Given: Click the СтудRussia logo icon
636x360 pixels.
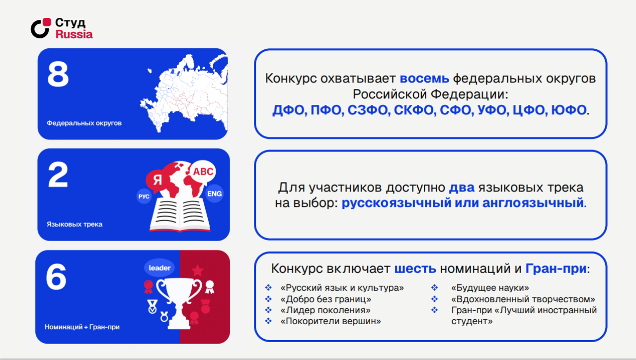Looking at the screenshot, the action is click(x=41, y=28).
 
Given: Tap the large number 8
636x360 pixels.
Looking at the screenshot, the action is click(x=58, y=75).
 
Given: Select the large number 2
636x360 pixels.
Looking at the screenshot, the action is click(x=58, y=175).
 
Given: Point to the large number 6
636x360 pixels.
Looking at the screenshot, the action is click(x=56, y=277).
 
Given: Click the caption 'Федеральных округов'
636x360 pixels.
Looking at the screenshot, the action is click(x=84, y=123).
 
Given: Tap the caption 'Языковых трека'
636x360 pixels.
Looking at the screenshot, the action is click(x=75, y=224).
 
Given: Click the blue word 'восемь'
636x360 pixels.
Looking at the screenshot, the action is click(x=424, y=79).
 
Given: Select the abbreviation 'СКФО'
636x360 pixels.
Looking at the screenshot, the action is click(x=413, y=110).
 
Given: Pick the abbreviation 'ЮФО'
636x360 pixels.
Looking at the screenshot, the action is click(x=569, y=110).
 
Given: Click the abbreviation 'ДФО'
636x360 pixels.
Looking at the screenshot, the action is click(x=288, y=110).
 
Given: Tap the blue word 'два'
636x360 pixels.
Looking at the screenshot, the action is click(x=462, y=187).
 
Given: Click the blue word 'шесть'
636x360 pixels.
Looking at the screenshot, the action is click(x=415, y=269).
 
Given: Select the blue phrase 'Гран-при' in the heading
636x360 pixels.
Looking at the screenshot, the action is click(x=556, y=269).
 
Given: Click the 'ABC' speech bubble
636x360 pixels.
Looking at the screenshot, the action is click(x=203, y=172).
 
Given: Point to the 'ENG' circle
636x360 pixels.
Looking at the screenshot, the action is click(x=214, y=194).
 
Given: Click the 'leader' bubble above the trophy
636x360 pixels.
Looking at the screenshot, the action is click(x=159, y=268).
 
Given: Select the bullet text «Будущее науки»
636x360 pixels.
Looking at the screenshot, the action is click(x=490, y=288).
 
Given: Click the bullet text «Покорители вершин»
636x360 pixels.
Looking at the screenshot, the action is click(x=330, y=321).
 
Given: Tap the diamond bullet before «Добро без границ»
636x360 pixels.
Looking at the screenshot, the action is click(x=268, y=299).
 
